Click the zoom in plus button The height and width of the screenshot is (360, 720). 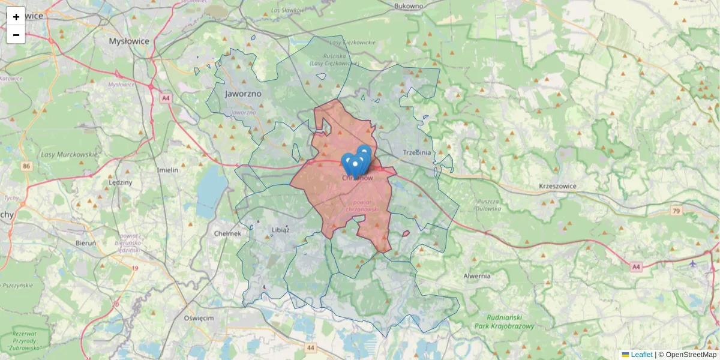click(x=16, y=17)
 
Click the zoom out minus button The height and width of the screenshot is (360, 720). click(x=16, y=35)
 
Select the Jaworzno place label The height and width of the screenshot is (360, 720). click(x=244, y=94)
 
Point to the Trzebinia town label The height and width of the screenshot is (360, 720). click(x=417, y=152)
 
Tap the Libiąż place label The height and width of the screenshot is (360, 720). click(x=280, y=230)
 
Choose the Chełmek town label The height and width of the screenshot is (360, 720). click(x=227, y=233)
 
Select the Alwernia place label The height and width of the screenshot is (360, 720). click(x=477, y=276)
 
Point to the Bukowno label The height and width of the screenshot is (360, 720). click(x=409, y=6)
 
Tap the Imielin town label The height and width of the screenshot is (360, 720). click(x=167, y=170)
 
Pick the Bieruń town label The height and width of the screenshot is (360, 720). click(x=86, y=243)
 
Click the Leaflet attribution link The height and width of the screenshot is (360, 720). click(x=641, y=355)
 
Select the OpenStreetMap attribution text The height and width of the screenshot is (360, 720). click(x=691, y=355)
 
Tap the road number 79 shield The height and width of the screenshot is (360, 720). click(x=677, y=211)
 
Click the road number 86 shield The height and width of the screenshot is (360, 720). click(x=26, y=165)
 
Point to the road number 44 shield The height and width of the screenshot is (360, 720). click(x=310, y=347)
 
